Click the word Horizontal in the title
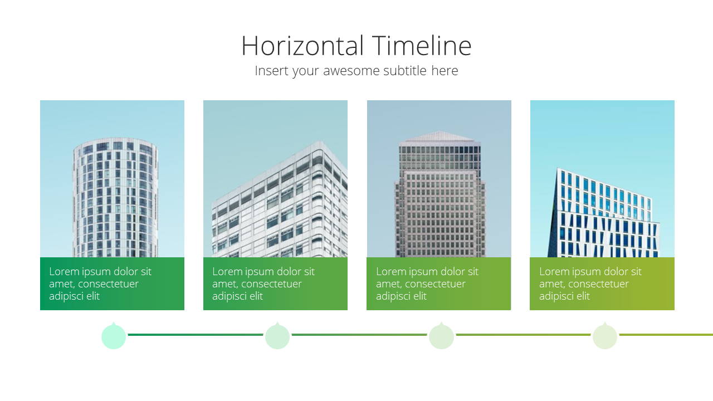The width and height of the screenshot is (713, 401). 302,46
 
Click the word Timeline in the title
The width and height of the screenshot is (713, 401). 422,46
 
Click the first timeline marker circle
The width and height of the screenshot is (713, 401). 114,336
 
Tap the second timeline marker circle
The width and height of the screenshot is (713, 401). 277,336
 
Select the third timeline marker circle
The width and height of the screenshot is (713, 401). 441,336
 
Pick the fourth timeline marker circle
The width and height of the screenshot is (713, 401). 605,336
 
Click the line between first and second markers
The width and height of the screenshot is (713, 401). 196,335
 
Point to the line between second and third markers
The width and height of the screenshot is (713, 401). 359,335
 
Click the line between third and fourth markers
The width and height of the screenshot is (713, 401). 523,335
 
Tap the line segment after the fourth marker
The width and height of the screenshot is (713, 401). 666,335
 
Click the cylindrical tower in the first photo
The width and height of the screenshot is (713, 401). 115,197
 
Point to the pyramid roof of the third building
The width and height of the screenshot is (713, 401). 439,136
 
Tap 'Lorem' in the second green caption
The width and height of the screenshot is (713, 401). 226,271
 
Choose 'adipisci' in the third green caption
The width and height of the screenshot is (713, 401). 395,296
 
